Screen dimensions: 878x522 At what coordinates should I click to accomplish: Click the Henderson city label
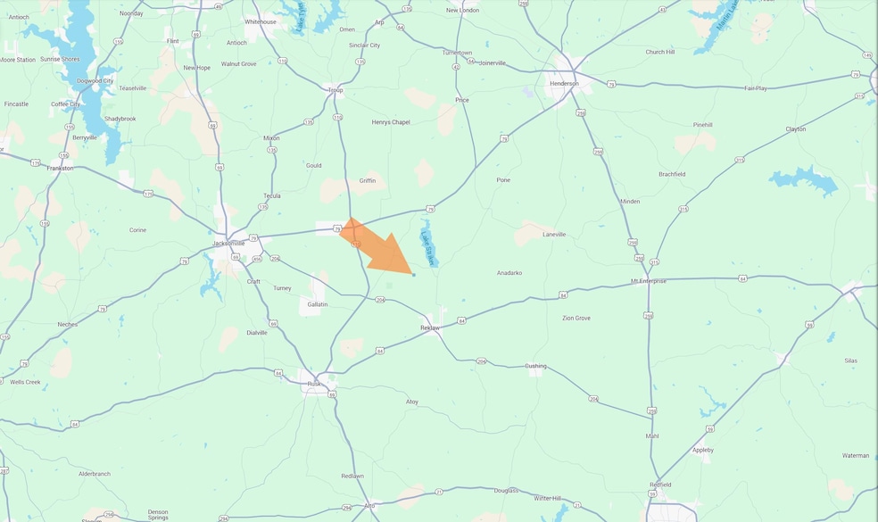point(564,84)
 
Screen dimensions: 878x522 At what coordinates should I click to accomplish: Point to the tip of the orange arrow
point(412,274)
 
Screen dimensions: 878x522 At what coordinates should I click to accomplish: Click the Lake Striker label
point(427,247)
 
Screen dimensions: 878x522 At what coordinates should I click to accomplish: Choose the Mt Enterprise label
point(649,280)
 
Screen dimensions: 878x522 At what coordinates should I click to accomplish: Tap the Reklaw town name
point(431,328)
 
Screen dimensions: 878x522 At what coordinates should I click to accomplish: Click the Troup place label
point(335,90)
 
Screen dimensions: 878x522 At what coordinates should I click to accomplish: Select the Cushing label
point(534,366)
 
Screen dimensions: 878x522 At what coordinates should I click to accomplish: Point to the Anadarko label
point(509,273)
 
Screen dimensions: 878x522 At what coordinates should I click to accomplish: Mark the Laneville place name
point(554,235)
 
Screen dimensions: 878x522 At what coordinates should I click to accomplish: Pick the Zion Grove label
point(576,319)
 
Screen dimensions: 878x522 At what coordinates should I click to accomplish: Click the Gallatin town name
point(317,304)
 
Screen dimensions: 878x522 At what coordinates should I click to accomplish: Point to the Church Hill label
point(659,53)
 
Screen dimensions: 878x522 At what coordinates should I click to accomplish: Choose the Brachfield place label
point(672,174)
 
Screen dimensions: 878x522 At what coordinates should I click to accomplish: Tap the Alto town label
point(369,505)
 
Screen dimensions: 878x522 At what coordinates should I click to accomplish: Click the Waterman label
point(855,455)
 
